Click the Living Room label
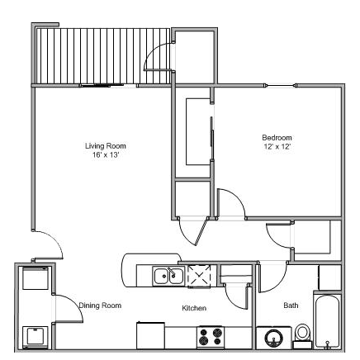(106, 146)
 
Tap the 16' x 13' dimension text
(106, 155)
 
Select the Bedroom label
(277, 137)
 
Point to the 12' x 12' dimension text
(277, 146)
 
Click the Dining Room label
(101, 306)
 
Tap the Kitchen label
(194, 309)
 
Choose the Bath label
(291, 306)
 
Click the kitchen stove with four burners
(211, 337)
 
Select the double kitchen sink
(167, 275)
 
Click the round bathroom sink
(273, 337)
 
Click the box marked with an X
(201, 275)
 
